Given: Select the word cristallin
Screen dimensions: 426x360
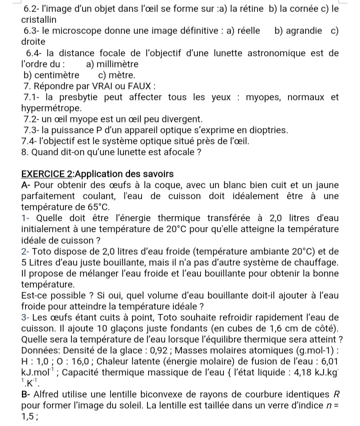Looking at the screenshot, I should [39, 20].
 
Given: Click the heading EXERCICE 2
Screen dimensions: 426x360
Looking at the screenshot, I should [47, 174].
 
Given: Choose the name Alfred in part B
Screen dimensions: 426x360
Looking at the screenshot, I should [54, 395].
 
